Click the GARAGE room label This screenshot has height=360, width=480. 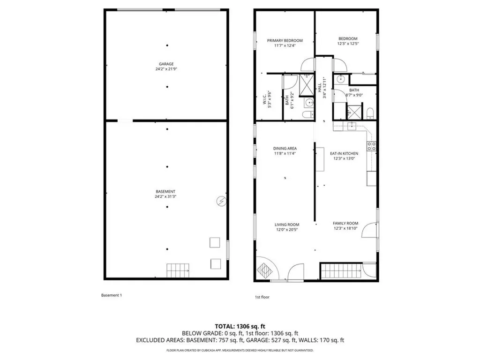click(x=166, y=64)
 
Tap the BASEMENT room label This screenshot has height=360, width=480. click(x=165, y=191)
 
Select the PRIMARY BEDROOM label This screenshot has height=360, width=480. click(x=285, y=41)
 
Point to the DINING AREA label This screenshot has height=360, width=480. click(x=285, y=149)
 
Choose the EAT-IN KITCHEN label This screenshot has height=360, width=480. click(x=344, y=153)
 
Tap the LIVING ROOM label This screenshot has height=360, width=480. click(x=287, y=225)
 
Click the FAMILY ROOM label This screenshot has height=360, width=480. click(x=345, y=223)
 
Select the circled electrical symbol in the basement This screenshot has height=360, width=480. click(x=220, y=201)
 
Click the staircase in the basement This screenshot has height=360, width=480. click(x=179, y=270)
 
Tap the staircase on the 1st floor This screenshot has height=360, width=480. click(x=342, y=270)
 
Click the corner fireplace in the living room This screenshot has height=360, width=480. click(x=265, y=270)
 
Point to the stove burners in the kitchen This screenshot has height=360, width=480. click(x=371, y=146)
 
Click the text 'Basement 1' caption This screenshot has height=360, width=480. click(x=112, y=295)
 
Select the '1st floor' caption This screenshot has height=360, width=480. click(x=262, y=297)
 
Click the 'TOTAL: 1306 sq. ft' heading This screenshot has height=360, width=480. click(x=240, y=326)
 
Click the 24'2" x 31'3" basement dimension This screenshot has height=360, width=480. click(x=165, y=196)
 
